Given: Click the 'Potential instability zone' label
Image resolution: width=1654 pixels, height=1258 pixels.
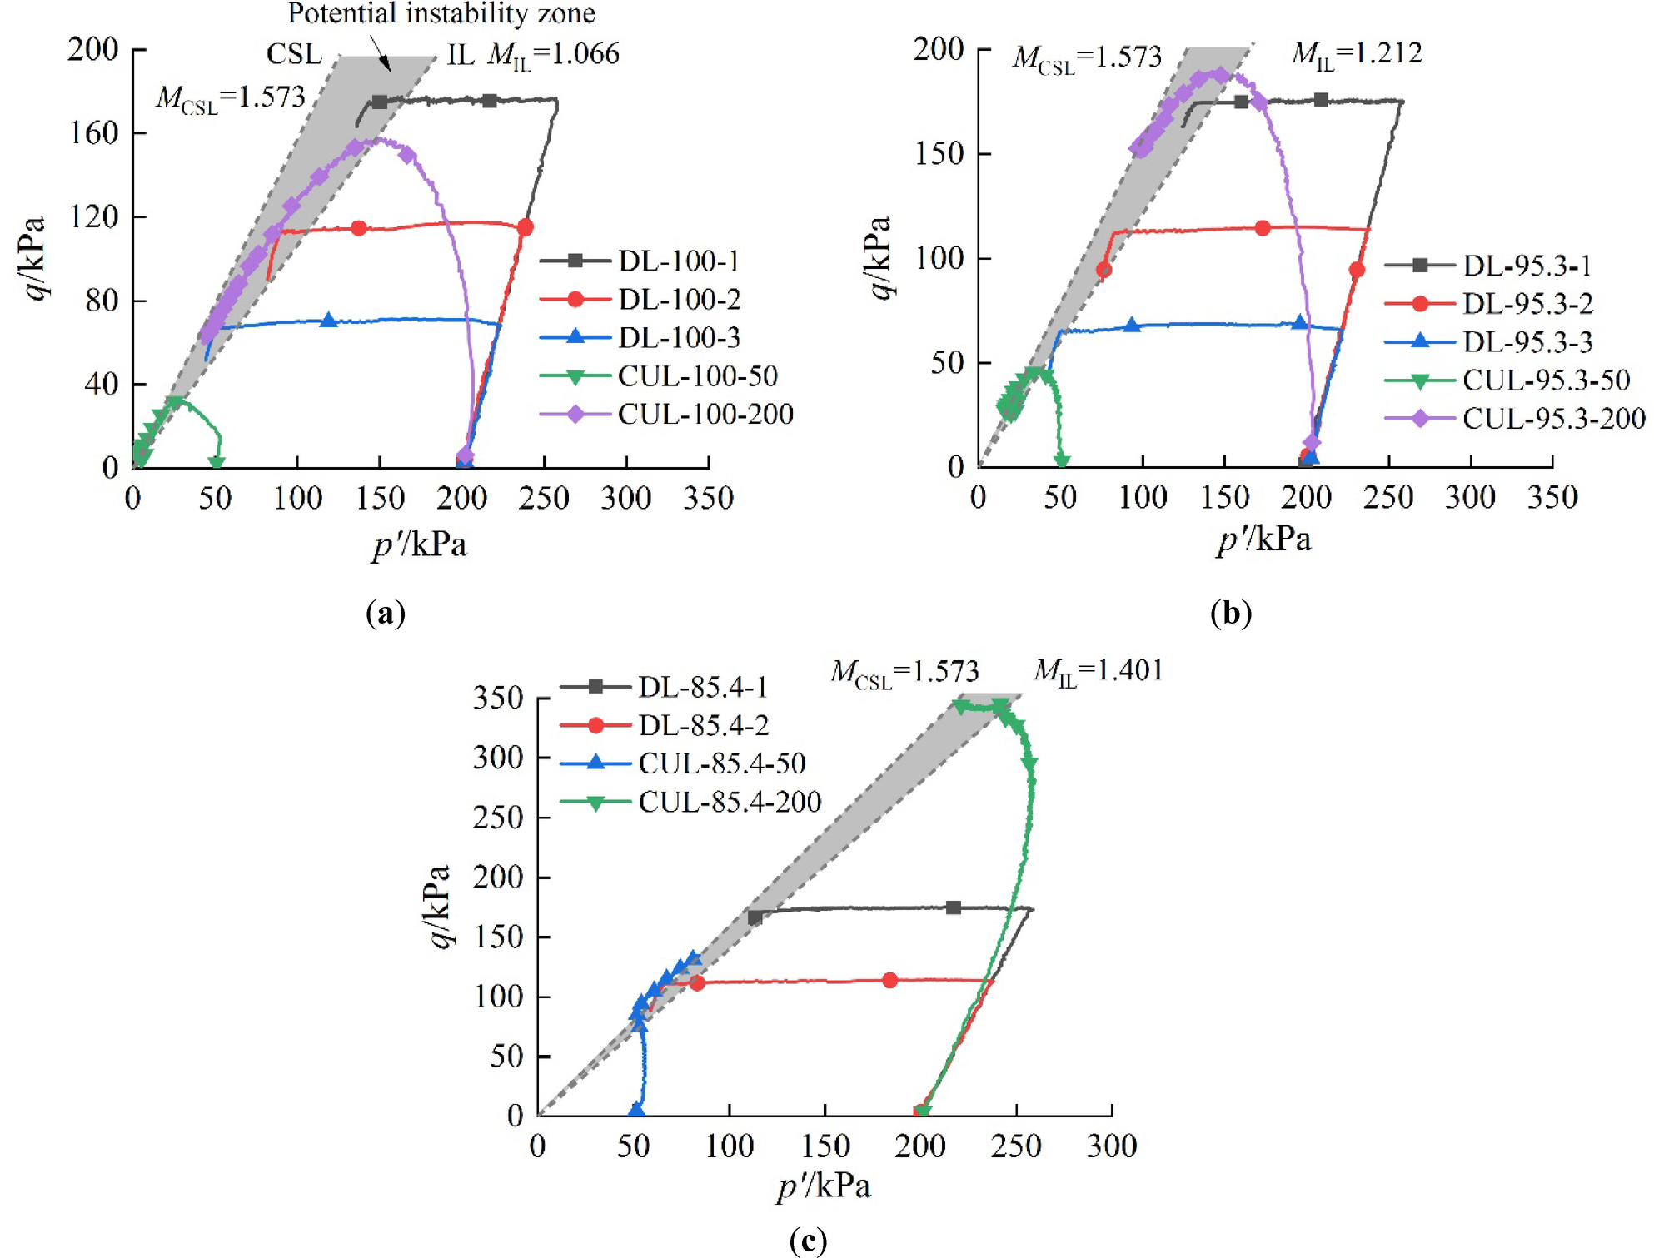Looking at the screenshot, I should tap(441, 13).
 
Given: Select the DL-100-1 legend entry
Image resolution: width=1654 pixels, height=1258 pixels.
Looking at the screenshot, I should tap(678, 261).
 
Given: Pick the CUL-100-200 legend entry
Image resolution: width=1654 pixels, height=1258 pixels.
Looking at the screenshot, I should tap(705, 414).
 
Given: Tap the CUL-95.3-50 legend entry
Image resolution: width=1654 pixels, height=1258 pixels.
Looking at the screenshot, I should tap(1545, 380).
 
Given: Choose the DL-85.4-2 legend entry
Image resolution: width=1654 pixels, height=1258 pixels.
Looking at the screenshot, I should tap(703, 725).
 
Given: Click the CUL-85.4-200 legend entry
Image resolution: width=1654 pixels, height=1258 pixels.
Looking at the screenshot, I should tap(729, 802).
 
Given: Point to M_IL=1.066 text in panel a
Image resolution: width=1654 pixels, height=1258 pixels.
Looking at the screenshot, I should tap(554, 55).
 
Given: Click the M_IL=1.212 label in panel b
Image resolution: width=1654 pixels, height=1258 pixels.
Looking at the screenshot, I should tap(1357, 54).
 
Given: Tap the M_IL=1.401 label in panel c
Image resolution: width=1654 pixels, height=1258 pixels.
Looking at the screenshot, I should tap(1098, 671).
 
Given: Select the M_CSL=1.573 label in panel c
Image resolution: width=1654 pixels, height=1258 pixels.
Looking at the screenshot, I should tap(904, 672).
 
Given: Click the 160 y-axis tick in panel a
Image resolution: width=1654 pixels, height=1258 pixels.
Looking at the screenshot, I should tap(94, 133).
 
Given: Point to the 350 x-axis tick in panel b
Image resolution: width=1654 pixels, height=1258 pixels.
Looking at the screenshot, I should tap(1552, 498).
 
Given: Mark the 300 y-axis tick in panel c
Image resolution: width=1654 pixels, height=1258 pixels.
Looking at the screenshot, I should tap(498, 758).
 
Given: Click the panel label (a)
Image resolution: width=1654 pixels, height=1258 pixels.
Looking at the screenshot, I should tap(386, 614).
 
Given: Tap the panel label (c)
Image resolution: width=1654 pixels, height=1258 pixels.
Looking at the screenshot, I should tap(808, 1241).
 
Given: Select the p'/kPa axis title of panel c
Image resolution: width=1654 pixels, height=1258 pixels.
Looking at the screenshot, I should tap(824, 1186).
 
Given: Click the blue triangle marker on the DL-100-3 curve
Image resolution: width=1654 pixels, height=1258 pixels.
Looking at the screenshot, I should tap(329, 320).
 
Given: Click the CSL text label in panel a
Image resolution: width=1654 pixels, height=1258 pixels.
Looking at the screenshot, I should tap(294, 54).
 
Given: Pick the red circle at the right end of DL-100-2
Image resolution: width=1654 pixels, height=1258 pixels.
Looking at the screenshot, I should tap(525, 227).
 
